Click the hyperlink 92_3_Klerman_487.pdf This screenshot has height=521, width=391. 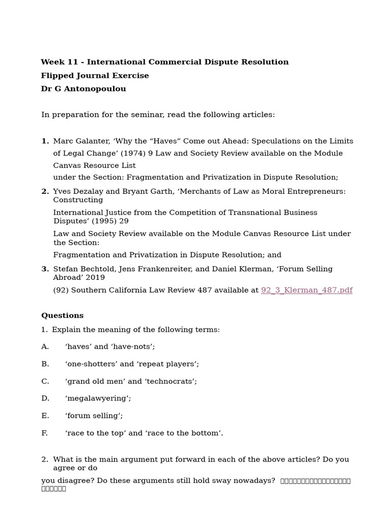tap(306, 290)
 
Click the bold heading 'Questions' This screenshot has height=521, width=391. tap(62, 315)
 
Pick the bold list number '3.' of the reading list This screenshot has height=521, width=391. tap(45, 269)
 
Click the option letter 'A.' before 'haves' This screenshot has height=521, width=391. tap(45, 346)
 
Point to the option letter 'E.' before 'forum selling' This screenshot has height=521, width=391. tap(45, 416)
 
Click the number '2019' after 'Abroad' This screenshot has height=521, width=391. tap(95, 277)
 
